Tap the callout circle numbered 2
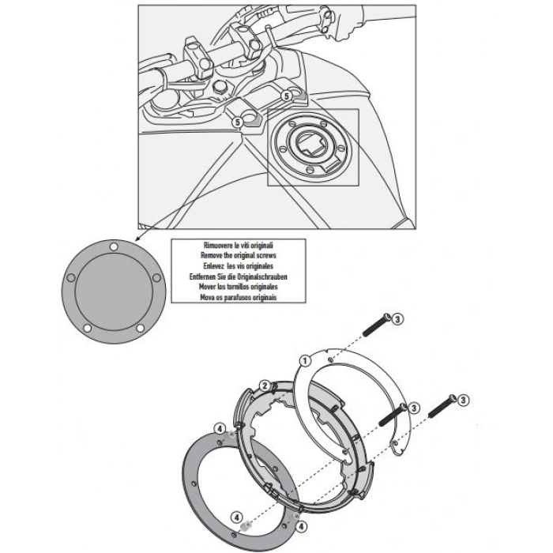(266, 386)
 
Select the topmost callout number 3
(398, 318)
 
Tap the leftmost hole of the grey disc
(70, 277)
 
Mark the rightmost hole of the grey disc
(156, 276)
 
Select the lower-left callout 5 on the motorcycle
(237, 122)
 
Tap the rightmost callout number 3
(464, 401)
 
